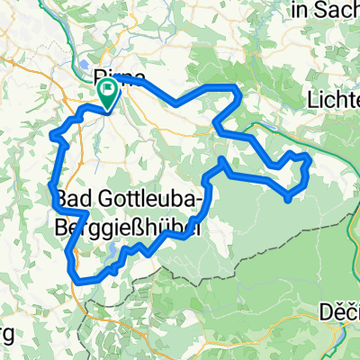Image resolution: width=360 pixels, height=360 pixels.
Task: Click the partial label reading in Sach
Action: pos(325,11)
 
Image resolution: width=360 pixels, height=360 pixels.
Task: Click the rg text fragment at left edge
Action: pos(6,336)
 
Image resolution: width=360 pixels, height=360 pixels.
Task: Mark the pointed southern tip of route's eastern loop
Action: pos(287,199)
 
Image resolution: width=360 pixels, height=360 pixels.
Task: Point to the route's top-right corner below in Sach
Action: pos(237,88)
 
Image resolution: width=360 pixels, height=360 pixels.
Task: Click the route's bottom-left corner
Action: pos(82,282)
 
